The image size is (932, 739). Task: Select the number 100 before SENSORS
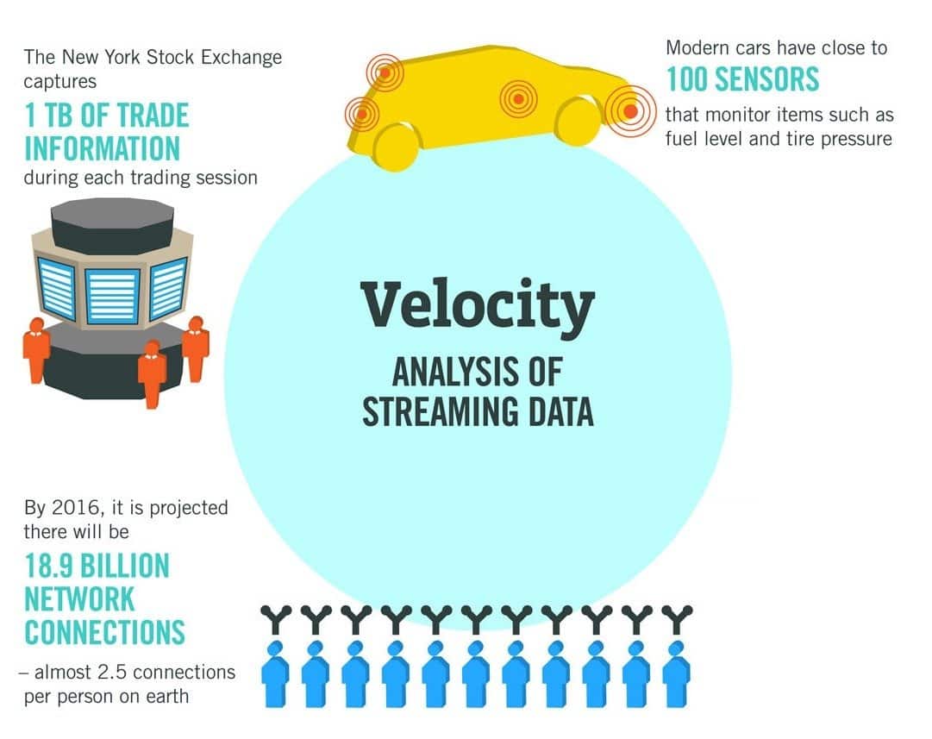[x=688, y=79]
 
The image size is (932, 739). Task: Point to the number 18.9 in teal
[x=49, y=566]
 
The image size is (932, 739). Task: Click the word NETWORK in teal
[x=79, y=599]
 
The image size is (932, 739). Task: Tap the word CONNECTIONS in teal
[x=104, y=633]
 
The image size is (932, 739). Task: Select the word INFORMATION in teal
[x=102, y=148]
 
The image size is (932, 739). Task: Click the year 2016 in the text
[x=72, y=508]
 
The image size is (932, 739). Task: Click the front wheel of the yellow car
[x=577, y=120]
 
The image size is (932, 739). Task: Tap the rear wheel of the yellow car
[x=396, y=147]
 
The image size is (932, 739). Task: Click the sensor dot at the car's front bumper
[x=630, y=110]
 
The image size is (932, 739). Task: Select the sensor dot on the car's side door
[x=518, y=99]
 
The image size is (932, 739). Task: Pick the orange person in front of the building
[x=153, y=374]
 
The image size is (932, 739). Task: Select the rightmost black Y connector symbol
[x=677, y=620]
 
